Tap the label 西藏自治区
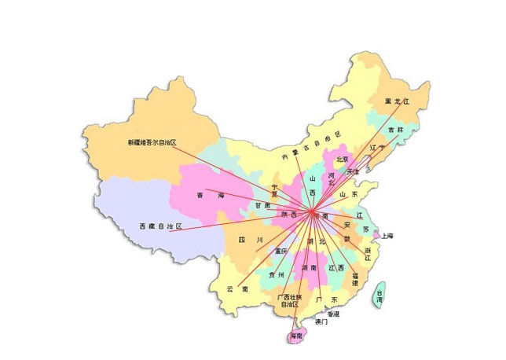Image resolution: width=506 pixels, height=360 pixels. pos(160,226)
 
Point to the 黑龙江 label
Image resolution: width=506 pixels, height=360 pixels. pos(398,102)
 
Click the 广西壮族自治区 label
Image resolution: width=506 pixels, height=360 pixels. pos(290,301)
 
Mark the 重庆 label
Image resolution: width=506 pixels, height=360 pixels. pos(281,251)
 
